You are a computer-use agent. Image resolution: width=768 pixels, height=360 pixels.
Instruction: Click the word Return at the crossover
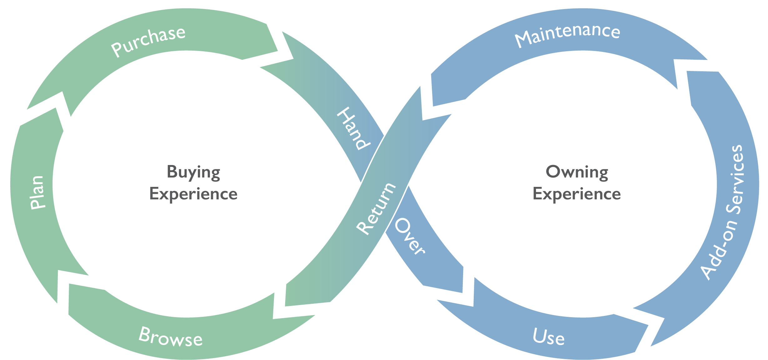click(376, 208)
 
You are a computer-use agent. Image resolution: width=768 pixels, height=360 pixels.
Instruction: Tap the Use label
click(548, 337)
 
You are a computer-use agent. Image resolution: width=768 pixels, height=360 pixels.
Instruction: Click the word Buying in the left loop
click(193, 172)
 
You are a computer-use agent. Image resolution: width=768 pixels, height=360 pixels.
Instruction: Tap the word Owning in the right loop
click(577, 172)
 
